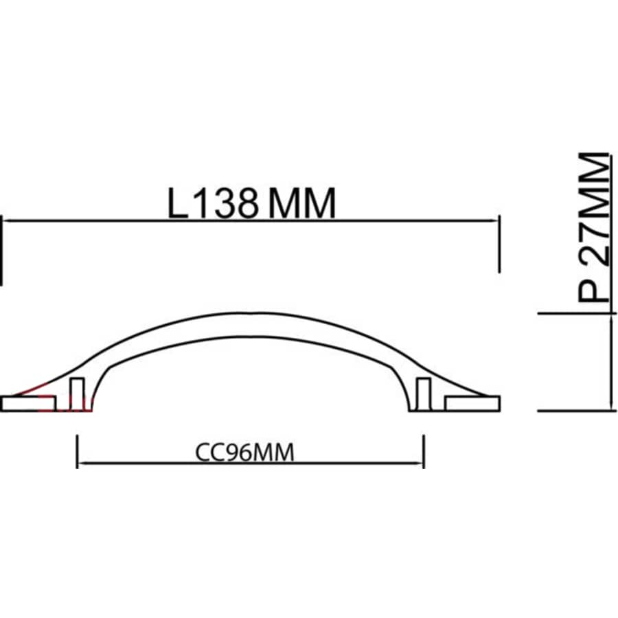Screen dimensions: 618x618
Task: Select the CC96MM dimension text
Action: tap(245, 453)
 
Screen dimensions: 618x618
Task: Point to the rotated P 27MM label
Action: tap(592, 227)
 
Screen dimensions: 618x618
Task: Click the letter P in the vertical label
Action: tap(592, 288)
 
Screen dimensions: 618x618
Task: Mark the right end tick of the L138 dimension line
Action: tap(498, 244)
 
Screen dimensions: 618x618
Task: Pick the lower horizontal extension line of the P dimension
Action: tap(577, 411)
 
